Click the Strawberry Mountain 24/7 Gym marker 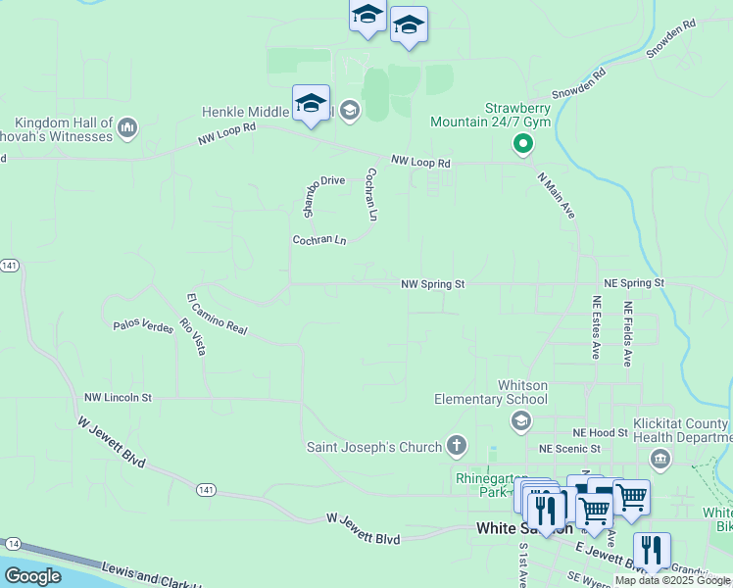point(523,146)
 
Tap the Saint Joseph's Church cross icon point(456,447)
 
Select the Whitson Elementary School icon point(520,421)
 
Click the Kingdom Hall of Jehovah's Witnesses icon point(128,126)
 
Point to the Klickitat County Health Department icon point(660,458)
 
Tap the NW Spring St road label point(432,284)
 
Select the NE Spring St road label point(634,282)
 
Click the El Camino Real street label point(217,314)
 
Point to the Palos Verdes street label point(142,324)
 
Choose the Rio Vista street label point(193,336)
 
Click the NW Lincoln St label point(118,398)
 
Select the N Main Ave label point(556,196)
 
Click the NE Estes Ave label point(595,328)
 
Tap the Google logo point(33,576)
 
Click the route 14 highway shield point(13,543)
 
